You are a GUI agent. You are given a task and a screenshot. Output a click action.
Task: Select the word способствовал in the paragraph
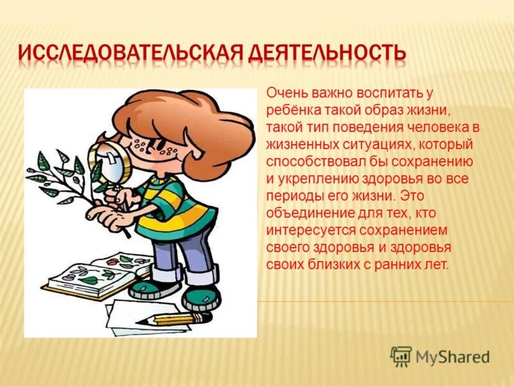pyautogui.click(x=308, y=161)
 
